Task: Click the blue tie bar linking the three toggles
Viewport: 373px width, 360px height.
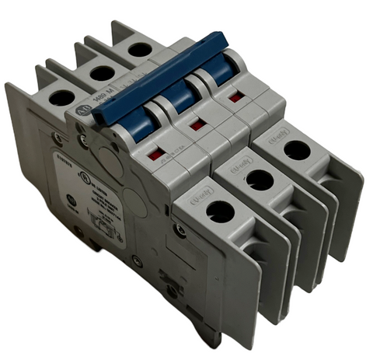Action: click(167, 79)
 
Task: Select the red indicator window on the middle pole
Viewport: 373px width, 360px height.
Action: click(197, 124)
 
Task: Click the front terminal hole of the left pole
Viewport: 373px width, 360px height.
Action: click(220, 211)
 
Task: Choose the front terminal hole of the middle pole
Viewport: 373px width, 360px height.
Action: click(260, 180)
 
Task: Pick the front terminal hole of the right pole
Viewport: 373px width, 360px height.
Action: click(296, 149)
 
